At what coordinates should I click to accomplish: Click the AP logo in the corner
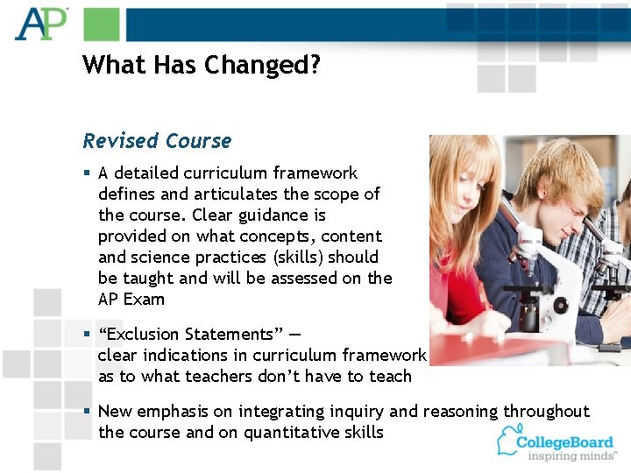coord(40,24)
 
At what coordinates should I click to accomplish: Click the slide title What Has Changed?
coord(202,65)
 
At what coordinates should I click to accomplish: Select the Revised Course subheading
coord(157,141)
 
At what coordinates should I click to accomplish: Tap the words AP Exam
coord(131,300)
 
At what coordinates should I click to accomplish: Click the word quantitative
coord(290,433)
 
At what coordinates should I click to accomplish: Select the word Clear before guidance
coord(239,215)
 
